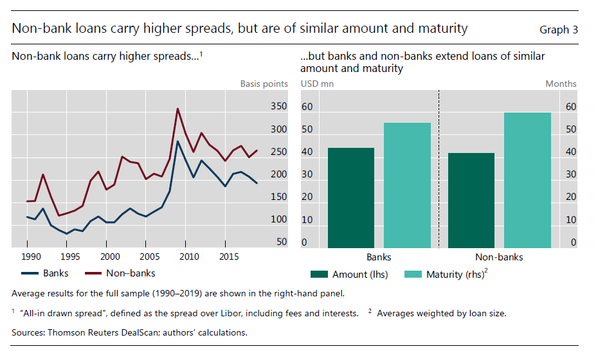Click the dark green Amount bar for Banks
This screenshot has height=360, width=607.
351,197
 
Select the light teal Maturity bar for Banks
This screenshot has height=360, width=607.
407,185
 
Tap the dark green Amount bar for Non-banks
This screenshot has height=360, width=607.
471,200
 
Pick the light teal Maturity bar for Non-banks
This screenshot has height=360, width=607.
527,180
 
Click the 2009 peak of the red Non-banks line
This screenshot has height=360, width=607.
177,109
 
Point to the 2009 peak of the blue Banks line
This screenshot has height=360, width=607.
177,141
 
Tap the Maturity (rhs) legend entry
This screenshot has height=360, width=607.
453,274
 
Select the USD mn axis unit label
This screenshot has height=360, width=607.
317,84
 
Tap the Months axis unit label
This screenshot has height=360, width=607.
561,84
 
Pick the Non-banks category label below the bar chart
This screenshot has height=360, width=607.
499,256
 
